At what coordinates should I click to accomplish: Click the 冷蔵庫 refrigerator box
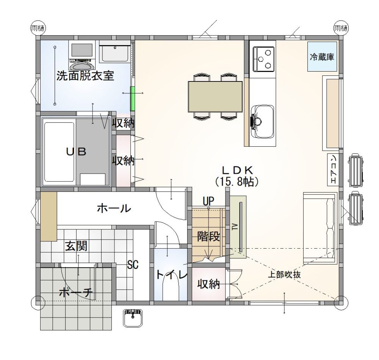[322, 56]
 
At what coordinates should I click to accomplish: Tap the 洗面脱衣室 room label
[85, 76]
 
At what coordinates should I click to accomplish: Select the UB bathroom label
[76, 152]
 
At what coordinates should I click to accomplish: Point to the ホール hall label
[114, 208]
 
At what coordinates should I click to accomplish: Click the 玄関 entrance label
[77, 246]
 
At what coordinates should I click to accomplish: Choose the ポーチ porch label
[76, 293]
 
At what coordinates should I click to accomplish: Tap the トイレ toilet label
[171, 275]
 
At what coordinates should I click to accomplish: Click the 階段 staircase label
[208, 236]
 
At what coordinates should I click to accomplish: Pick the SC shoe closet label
[133, 265]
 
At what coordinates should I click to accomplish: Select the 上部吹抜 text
[285, 275]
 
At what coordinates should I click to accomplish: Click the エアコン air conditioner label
[333, 170]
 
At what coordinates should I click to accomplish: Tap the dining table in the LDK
[215, 97]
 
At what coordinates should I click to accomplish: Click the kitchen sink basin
[263, 122]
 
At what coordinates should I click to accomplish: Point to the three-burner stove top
[263, 59]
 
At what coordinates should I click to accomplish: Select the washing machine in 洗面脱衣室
[82, 56]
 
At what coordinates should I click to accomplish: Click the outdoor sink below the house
[133, 318]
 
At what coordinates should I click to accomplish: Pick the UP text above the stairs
[208, 201]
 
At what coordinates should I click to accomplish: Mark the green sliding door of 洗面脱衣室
[132, 99]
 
